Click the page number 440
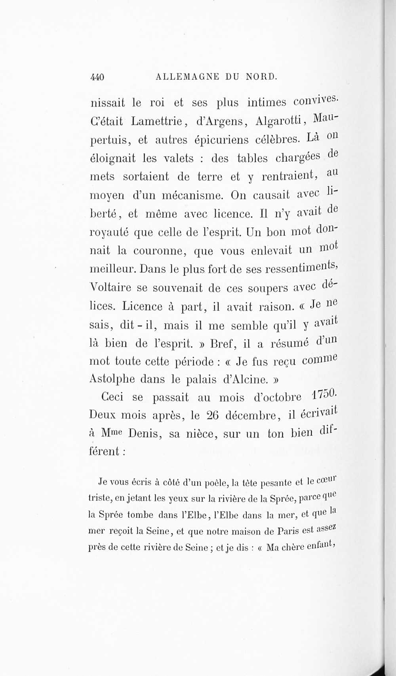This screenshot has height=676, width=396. [97, 77]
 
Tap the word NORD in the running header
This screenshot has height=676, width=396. [261, 76]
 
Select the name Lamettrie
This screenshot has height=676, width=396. [156, 121]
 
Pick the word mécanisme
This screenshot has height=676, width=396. [191, 195]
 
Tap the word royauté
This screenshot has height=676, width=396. [109, 232]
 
